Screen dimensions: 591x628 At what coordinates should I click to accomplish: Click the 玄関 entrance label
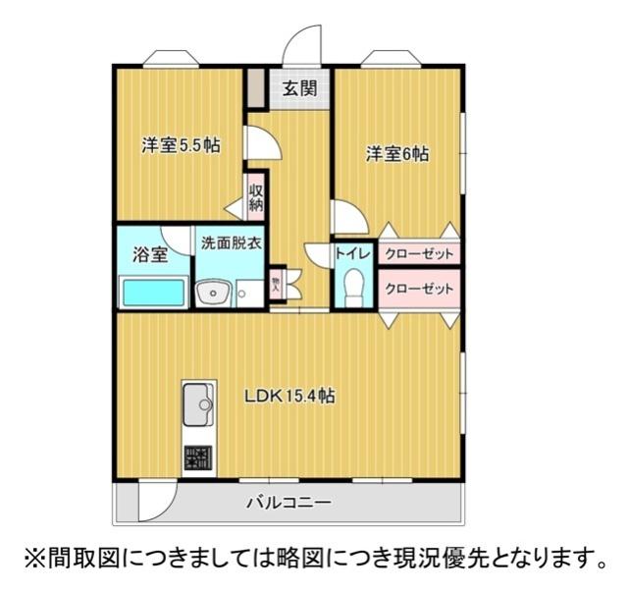[x=299, y=88]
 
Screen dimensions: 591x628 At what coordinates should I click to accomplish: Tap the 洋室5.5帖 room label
[x=180, y=145]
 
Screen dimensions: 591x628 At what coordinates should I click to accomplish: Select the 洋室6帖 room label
[x=398, y=154]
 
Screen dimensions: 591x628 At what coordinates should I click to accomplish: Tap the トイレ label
[x=353, y=253]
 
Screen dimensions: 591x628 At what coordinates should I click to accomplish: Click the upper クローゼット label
[x=420, y=253]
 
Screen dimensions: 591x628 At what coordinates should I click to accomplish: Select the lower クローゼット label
[x=420, y=289]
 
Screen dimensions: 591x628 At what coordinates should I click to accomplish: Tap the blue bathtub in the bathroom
[x=153, y=293]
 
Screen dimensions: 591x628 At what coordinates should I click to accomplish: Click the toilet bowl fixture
[x=354, y=288]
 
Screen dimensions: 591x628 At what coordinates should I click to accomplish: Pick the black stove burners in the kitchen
[x=197, y=457]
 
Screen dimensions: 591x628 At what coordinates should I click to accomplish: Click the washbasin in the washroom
[x=212, y=293]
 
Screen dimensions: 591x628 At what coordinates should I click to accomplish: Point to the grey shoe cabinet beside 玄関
[x=255, y=89]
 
